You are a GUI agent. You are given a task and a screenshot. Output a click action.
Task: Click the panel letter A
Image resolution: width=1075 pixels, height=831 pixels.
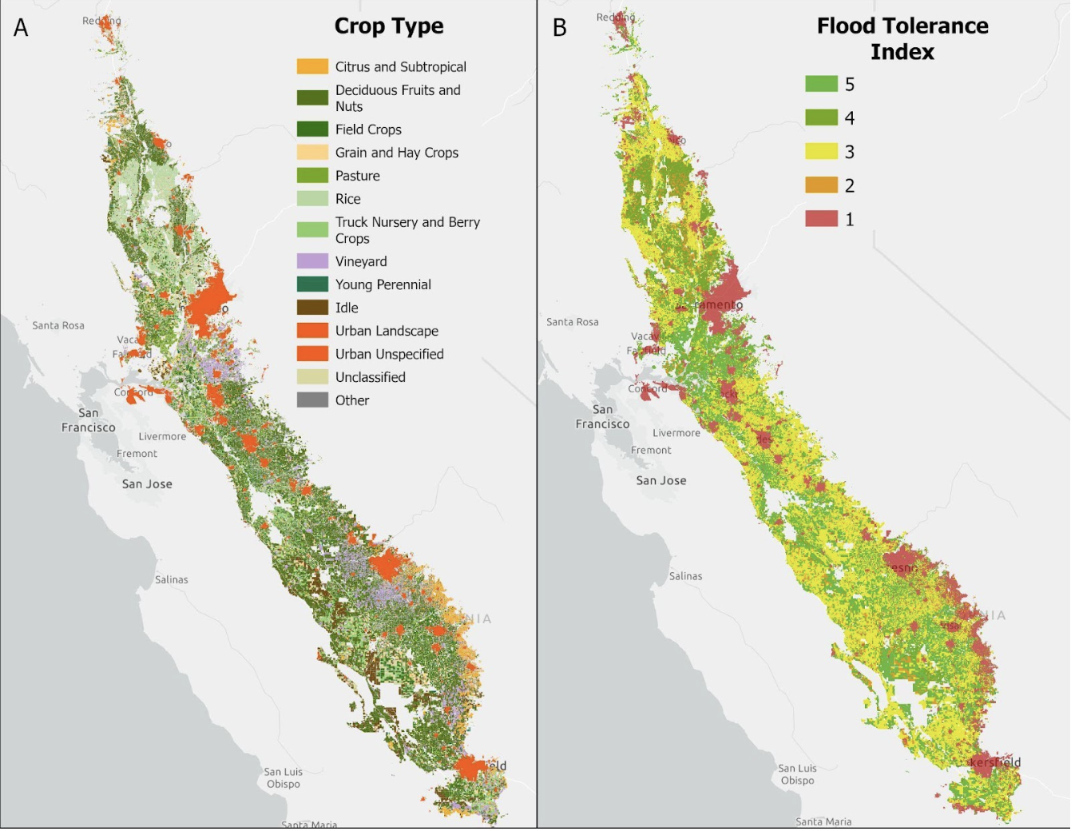click(x=22, y=28)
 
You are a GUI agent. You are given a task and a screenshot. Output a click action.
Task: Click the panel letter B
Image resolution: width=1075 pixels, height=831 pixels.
click(x=560, y=28)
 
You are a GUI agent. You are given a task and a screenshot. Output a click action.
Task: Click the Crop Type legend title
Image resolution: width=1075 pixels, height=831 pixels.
click(x=388, y=26)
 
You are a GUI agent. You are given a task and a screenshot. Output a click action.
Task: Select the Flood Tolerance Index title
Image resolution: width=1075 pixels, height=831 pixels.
click(x=902, y=38)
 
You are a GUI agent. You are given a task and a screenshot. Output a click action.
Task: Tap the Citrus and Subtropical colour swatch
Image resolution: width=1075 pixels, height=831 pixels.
click(x=312, y=66)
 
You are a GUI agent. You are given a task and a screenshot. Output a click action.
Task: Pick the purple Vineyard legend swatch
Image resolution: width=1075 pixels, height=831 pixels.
click(x=312, y=261)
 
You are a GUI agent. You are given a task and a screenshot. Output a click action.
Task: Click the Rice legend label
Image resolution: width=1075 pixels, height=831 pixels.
click(x=347, y=199)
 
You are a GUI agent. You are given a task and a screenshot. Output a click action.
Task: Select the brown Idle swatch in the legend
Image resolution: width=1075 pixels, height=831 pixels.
click(x=312, y=308)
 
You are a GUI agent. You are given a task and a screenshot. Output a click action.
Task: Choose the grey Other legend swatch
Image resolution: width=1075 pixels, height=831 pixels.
click(x=312, y=400)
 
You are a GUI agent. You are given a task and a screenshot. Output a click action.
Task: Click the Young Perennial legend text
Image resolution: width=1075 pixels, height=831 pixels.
click(x=383, y=284)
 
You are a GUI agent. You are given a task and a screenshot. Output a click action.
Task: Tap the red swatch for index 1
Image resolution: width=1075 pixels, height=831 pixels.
click(x=821, y=219)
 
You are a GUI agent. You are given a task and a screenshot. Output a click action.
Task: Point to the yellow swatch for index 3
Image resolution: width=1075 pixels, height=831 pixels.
click(x=821, y=152)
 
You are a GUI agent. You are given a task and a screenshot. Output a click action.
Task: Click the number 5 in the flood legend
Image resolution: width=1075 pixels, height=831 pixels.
click(x=850, y=85)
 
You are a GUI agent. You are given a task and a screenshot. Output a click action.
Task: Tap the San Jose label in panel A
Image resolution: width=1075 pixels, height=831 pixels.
click(x=147, y=484)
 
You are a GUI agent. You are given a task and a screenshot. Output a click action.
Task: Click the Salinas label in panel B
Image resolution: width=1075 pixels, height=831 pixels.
click(x=685, y=576)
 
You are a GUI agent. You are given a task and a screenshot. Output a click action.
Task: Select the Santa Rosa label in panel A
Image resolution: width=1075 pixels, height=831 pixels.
click(x=58, y=325)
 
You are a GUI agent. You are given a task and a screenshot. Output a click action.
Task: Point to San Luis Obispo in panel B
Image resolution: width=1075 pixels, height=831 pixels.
click(x=797, y=774)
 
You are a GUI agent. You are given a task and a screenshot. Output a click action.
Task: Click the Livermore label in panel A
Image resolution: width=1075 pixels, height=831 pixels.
click(x=162, y=436)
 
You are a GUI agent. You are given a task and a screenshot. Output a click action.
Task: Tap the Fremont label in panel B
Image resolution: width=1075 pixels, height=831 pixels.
click(x=651, y=451)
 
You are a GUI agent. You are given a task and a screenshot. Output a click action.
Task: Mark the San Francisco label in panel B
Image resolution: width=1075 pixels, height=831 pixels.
click(x=602, y=416)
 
